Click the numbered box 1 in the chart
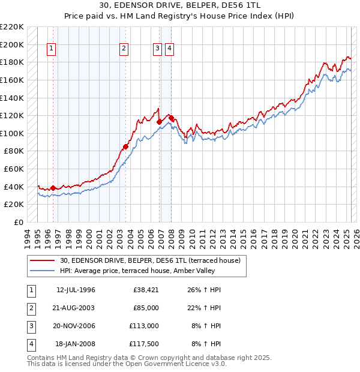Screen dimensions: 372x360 [x=51, y=49]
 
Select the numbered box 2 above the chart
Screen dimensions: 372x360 [x=124, y=49]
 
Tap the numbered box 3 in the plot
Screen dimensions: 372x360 [x=157, y=49]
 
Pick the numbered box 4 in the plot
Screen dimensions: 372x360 [x=170, y=49]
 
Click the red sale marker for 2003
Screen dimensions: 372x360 [x=126, y=146]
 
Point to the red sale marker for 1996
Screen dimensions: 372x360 [x=53, y=188]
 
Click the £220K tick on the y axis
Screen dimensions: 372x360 [x=12, y=27]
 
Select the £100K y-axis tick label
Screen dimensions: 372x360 [x=12, y=133]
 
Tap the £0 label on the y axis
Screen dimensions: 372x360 [x=18, y=222]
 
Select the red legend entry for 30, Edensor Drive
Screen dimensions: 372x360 [x=150, y=260]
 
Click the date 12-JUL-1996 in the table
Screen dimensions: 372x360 [x=76, y=290]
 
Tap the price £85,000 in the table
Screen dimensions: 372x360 [x=146, y=308]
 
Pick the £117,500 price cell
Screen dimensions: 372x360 [x=145, y=344]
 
